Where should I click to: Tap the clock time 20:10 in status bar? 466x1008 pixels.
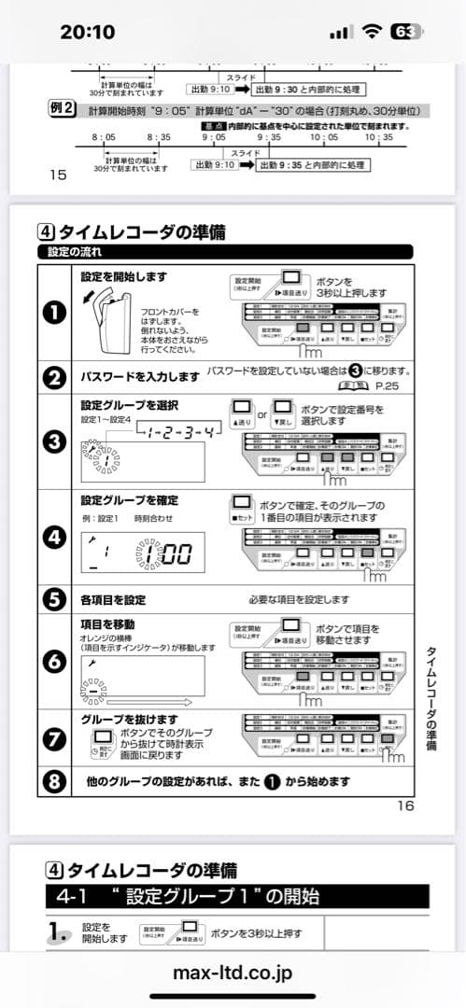pos(87,32)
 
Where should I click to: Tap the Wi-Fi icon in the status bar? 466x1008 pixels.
pos(373,31)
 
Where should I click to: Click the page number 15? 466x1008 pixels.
pos(57,175)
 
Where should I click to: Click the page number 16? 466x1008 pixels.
pos(405,806)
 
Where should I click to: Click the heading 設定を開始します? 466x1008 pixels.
pos(124,276)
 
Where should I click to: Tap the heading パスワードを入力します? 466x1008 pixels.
pos(140,376)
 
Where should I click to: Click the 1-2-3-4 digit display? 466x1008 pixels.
pos(178,431)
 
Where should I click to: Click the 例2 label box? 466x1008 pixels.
pos(62,110)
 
